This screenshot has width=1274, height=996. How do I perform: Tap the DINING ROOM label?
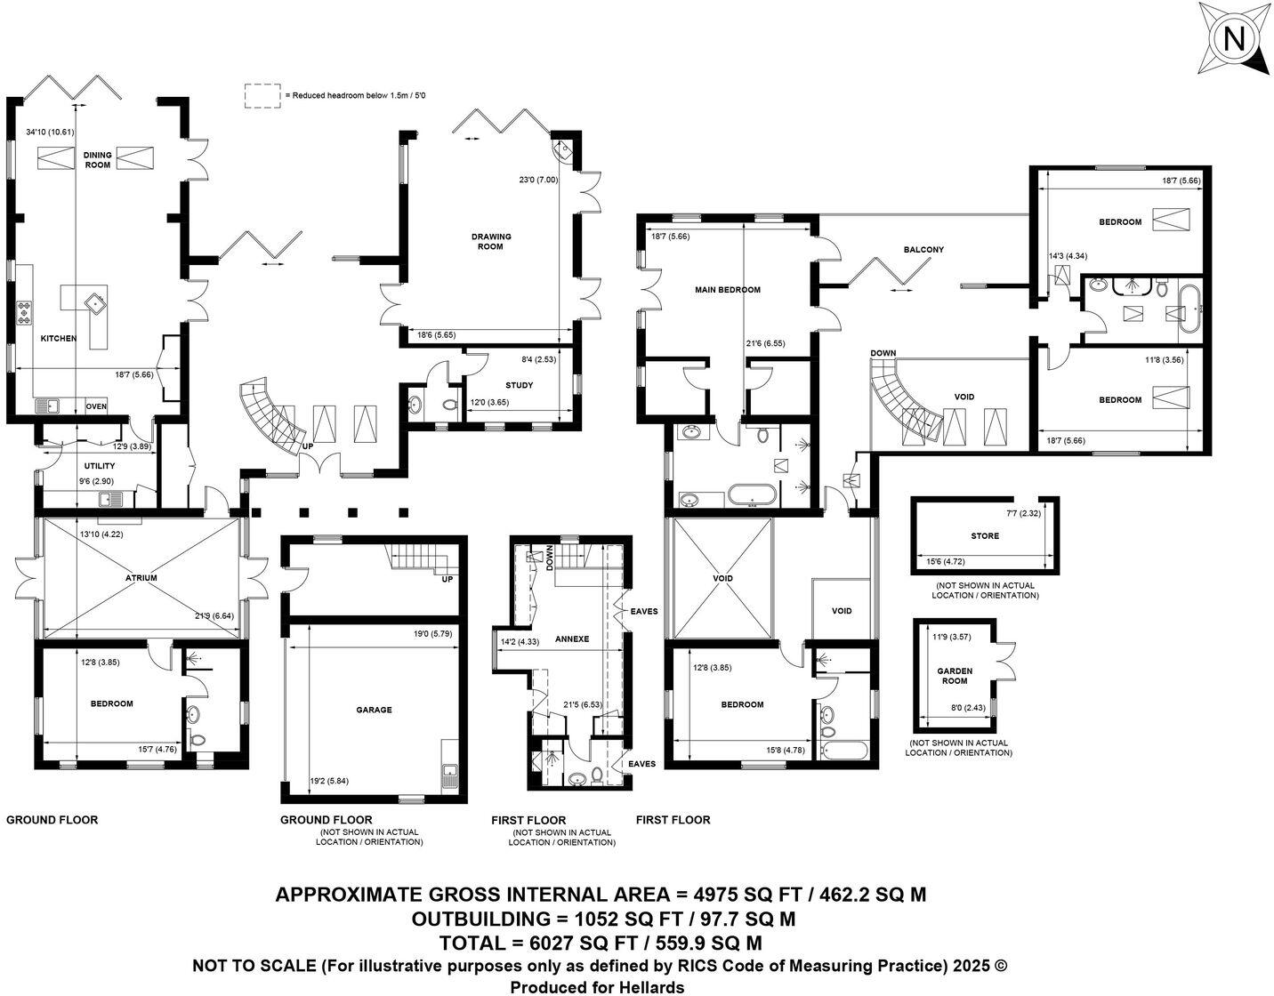click(x=98, y=159)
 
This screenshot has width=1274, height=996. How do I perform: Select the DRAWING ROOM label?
click(x=491, y=241)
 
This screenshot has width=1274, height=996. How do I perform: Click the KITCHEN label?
click(x=58, y=339)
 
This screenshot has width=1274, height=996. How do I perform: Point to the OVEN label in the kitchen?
click(x=96, y=407)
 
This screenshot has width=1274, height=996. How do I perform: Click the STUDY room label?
click(x=519, y=385)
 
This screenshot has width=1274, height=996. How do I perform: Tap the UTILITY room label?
click(x=100, y=466)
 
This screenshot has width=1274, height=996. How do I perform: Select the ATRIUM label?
click(x=141, y=578)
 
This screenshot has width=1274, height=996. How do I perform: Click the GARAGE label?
click(x=374, y=710)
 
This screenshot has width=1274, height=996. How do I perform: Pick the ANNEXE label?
click(x=572, y=639)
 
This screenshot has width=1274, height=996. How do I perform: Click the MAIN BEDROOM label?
click(x=728, y=290)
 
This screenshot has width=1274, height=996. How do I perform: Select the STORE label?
click(x=985, y=536)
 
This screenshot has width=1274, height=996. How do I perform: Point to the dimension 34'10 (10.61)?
click(x=50, y=132)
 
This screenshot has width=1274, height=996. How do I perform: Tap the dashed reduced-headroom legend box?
click(x=262, y=95)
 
